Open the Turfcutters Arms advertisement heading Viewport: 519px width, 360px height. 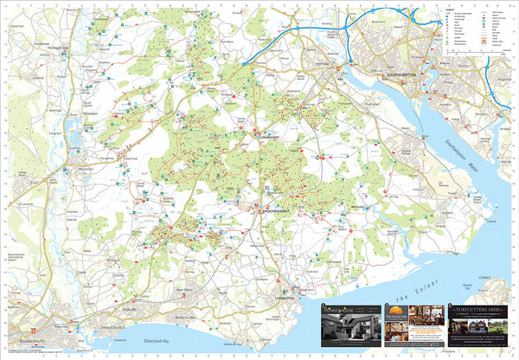pos(478,308)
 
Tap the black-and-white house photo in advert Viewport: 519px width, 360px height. pos(346,332)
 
